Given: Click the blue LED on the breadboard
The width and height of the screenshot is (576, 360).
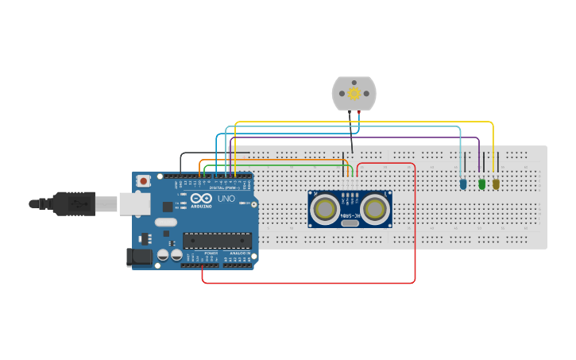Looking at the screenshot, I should (463, 184).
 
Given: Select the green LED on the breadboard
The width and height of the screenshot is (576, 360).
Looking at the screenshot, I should (481, 184).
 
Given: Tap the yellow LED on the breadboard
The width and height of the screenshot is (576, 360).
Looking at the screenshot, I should (496, 184).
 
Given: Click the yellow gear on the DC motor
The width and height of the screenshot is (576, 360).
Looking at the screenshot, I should (354, 93).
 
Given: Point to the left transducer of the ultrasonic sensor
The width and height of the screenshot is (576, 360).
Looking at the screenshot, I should (324, 208).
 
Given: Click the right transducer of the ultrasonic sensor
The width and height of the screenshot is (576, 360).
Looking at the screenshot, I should (374, 208).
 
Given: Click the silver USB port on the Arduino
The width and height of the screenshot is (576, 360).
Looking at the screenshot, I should (134, 204).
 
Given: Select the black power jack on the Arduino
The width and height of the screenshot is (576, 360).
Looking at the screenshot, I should (139, 257).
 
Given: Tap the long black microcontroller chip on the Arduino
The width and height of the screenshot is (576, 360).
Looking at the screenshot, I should (217, 240).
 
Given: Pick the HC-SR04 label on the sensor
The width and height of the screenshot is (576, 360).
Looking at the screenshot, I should (350, 215).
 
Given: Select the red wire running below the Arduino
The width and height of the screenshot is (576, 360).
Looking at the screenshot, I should (310, 282).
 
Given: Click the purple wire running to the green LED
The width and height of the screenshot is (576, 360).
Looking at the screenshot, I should (358, 137).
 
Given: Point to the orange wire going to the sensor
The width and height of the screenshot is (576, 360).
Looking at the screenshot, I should (278, 160).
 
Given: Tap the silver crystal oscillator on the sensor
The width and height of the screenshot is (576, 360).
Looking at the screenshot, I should (350, 223).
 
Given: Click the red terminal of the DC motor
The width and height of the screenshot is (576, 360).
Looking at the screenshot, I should (358, 114).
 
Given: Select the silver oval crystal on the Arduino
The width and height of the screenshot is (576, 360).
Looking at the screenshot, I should (166, 223).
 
